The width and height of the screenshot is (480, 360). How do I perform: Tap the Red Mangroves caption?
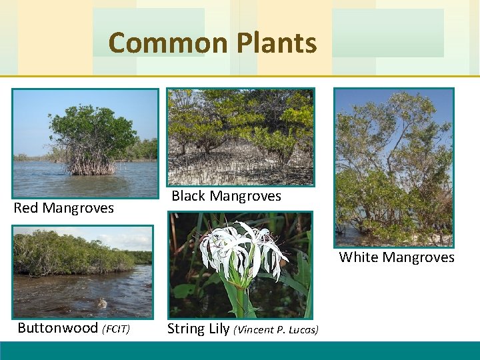click(64, 208)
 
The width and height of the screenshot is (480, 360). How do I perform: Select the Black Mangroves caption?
click(226, 196)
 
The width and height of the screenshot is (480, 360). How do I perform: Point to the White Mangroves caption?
click(397, 257)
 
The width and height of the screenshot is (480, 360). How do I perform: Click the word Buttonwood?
click(57, 328)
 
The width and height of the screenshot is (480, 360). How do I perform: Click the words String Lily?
click(198, 329)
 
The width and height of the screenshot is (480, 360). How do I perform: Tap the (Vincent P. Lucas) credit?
click(276, 329)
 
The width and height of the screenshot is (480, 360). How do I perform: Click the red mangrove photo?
click(85, 134)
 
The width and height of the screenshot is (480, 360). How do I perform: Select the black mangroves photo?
click(240, 137)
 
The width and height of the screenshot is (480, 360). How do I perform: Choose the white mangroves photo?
click(393, 167)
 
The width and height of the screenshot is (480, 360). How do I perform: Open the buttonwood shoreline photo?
click(83, 271)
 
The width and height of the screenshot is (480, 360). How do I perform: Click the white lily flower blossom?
click(240, 250)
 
